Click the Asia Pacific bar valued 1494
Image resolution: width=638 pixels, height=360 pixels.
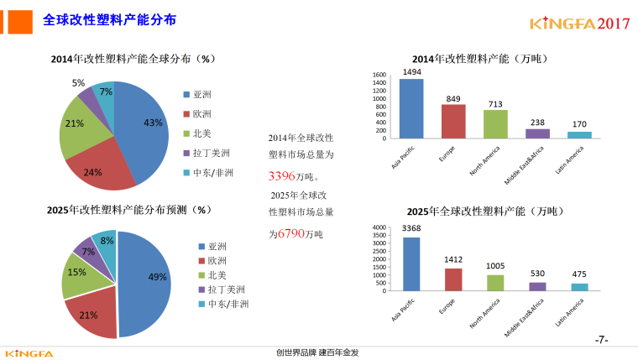click(x=411, y=108)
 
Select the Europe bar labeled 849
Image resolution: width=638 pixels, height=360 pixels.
click(x=453, y=121)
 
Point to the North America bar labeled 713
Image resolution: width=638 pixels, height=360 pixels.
click(x=495, y=123)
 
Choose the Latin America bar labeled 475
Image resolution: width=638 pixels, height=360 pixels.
click(x=579, y=287)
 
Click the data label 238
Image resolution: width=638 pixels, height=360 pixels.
click(x=537, y=123)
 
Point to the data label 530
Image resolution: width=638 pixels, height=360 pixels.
click(x=537, y=274)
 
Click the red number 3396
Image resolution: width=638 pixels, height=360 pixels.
click(x=282, y=176)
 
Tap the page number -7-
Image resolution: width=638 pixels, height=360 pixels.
click(x=601, y=340)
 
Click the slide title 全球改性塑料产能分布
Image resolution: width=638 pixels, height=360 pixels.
click(x=109, y=19)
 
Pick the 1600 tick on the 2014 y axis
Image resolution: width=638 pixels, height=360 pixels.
click(x=379, y=76)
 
